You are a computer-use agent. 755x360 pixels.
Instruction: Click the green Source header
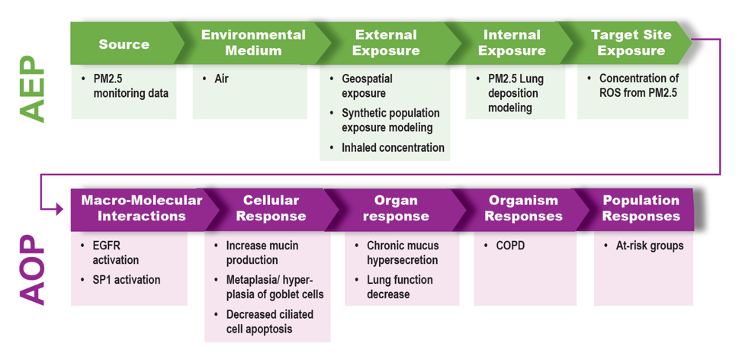[x=124, y=43]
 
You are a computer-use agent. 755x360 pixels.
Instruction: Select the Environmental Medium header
[x=252, y=43]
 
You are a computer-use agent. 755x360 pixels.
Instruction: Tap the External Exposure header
[x=386, y=43]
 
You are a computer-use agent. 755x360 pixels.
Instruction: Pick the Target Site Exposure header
[x=631, y=43]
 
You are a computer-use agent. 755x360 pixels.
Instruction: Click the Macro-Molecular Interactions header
[x=141, y=207]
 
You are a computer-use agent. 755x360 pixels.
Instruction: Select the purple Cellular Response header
[x=270, y=207]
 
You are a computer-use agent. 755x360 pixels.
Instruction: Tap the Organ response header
[x=396, y=207]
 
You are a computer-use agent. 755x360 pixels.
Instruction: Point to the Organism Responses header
[x=523, y=207]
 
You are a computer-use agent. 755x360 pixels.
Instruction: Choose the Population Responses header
[x=641, y=207]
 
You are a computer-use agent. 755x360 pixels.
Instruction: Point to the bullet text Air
[x=220, y=79]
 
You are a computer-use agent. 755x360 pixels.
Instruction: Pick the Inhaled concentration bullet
[x=393, y=148]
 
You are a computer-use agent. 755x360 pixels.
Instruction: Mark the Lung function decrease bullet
[x=399, y=287]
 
